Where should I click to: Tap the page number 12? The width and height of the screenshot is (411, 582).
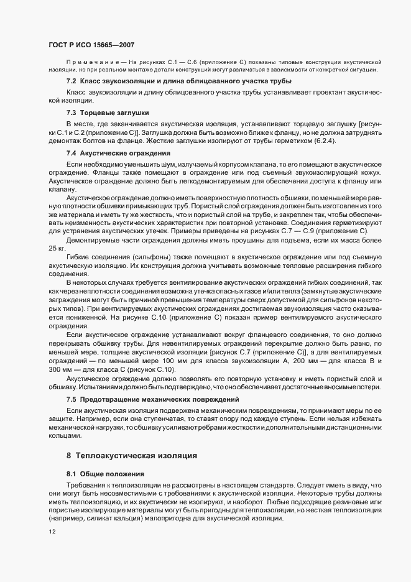pyautogui.click(x=53, y=532)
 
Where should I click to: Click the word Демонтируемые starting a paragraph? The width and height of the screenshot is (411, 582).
pyautogui.click(x=94, y=239)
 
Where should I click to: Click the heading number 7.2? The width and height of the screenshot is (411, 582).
pyautogui.click(x=71, y=81)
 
